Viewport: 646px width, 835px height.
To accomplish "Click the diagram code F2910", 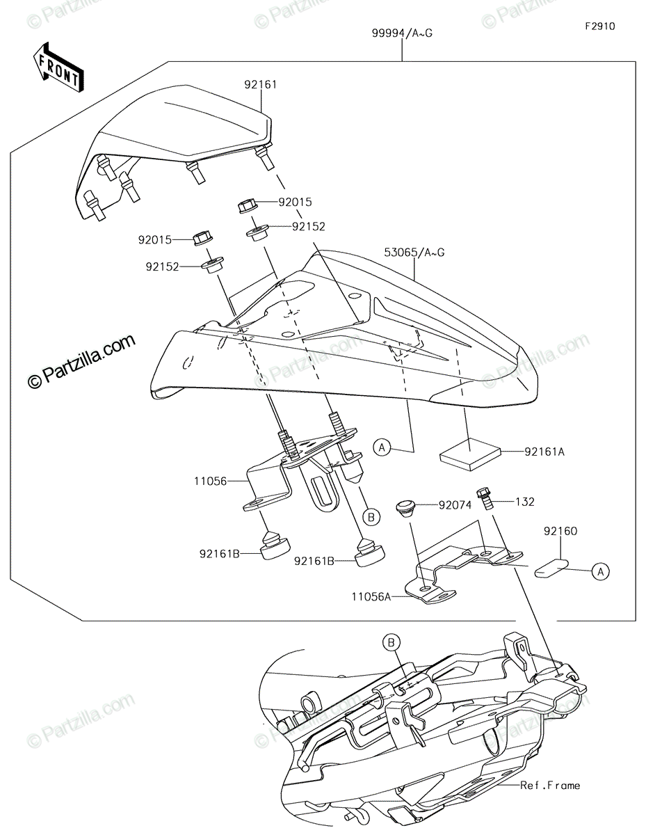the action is [599, 26].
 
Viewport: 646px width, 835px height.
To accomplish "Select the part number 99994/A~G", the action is [402, 33].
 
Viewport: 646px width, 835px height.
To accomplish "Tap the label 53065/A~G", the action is [414, 253].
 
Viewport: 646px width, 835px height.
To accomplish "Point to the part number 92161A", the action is [544, 452].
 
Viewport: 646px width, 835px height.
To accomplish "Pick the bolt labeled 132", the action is [485, 498].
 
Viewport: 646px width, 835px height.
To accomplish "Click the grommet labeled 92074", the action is [405, 507].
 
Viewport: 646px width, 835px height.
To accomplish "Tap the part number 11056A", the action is [371, 597].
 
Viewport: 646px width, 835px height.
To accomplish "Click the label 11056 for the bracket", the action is [210, 481].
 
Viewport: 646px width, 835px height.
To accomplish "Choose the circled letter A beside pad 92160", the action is [600, 571].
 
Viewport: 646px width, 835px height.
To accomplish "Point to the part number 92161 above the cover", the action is [261, 84].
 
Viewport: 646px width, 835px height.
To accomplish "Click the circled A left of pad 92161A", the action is [382, 447].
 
